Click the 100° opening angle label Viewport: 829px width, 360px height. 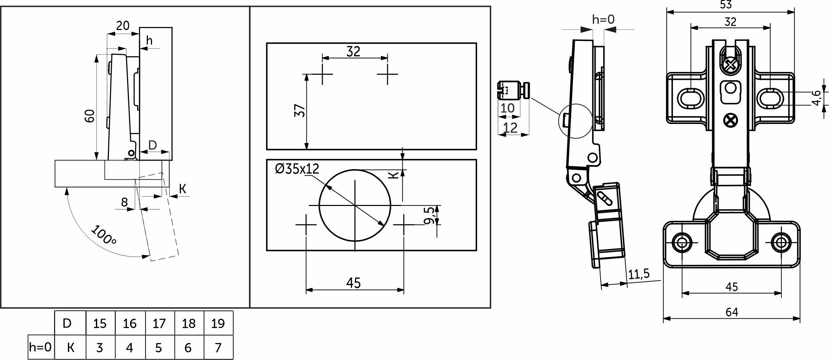(x=104, y=235)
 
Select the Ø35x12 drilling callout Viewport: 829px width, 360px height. (x=297, y=169)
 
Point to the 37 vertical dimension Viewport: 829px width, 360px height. (x=300, y=110)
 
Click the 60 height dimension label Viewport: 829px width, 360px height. (x=90, y=116)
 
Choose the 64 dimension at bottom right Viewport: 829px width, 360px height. (x=732, y=312)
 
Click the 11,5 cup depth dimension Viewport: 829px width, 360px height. (x=639, y=274)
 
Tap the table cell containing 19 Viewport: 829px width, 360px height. (x=218, y=323)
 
